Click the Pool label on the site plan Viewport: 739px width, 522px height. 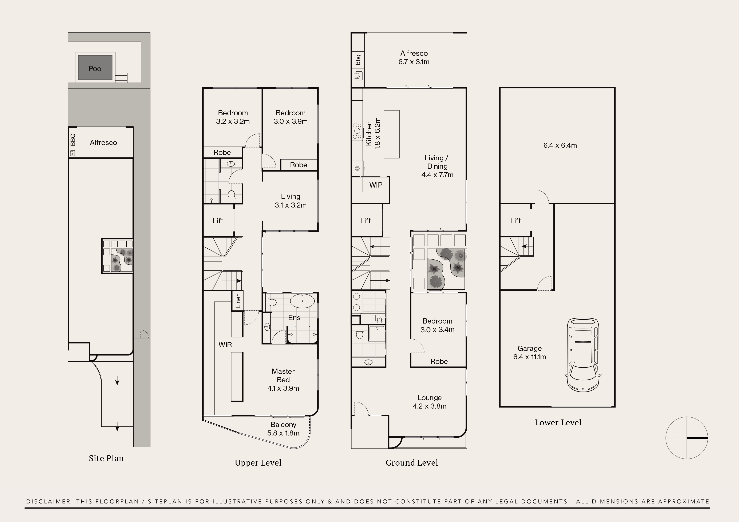(96, 68)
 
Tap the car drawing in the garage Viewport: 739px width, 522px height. (583, 355)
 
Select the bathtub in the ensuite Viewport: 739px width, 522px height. (302, 301)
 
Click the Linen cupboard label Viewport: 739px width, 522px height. (238, 300)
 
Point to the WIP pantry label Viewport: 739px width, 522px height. (376, 185)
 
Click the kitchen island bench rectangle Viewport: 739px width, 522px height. (391, 134)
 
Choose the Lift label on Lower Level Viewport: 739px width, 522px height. (515, 221)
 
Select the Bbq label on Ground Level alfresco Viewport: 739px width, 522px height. (358, 60)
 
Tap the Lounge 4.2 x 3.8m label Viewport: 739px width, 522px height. (429, 402)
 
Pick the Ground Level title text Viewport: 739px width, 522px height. (412, 462)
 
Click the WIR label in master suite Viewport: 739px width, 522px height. (225, 345)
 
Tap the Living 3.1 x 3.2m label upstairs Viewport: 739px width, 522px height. (290, 201)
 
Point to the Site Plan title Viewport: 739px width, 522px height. (106, 458)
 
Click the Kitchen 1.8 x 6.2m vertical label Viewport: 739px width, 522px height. (373, 133)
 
